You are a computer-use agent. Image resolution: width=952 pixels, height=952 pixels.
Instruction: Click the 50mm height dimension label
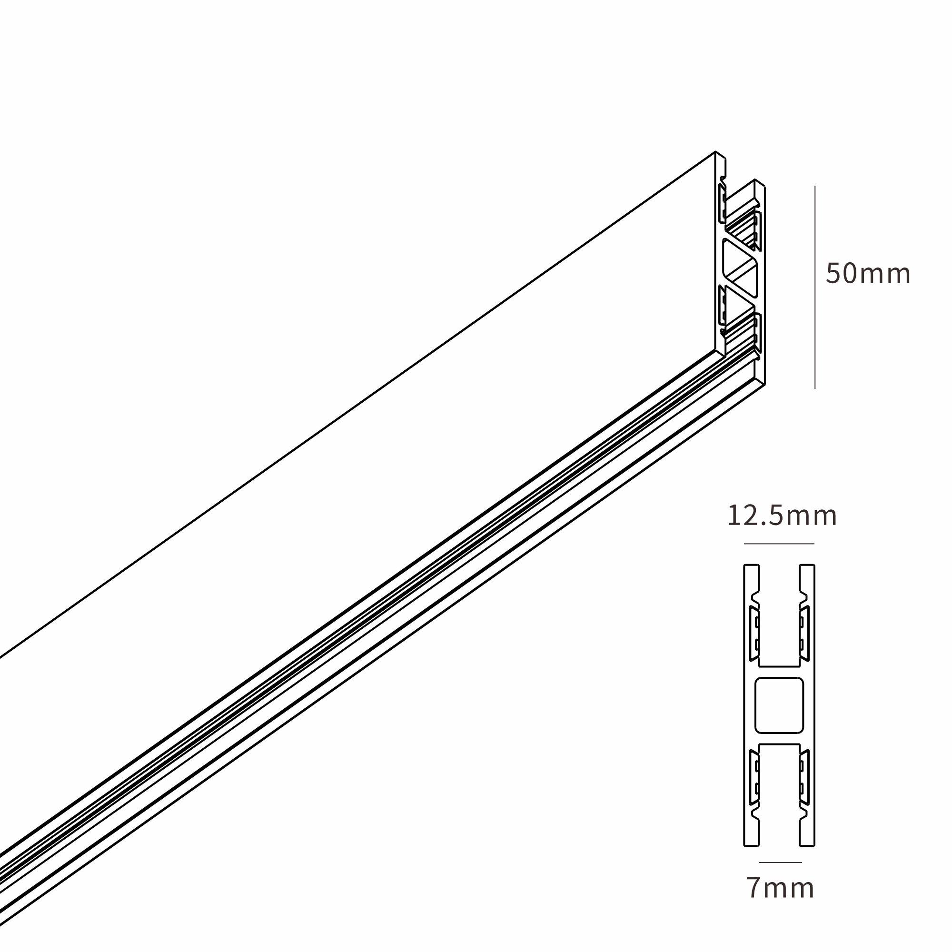868,274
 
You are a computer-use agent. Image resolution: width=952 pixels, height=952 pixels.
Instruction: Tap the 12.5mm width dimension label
782,516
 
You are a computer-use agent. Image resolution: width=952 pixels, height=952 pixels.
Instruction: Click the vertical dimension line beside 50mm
814,288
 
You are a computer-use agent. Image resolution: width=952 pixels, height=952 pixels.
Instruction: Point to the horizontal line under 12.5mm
779,544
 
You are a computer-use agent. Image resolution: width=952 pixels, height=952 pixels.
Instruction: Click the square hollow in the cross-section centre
779,705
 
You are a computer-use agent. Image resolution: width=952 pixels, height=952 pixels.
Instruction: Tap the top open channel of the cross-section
779,616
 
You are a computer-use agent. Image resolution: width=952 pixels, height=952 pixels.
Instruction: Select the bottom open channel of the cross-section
779,795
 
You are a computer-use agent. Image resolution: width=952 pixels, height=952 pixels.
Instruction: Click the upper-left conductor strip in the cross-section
754,634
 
